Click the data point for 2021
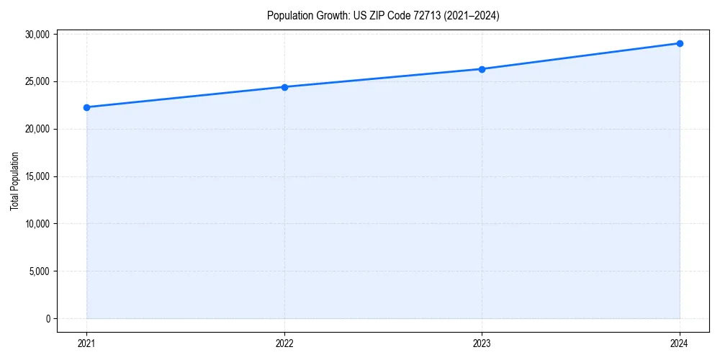(x=86, y=107)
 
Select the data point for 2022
(x=284, y=87)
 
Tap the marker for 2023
(x=482, y=69)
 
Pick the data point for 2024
(x=680, y=43)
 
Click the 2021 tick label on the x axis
(x=86, y=343)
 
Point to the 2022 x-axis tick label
(x=284, y=343)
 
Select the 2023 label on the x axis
(x=482, y=343)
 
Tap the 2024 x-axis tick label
(x=680, y=343)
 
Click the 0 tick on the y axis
(x=47, y=319)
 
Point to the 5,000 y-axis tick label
(x=38, y=271)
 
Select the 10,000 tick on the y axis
(x=36, y=224)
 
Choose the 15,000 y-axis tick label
(x=36, y=176)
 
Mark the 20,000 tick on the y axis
(x=36, y=129)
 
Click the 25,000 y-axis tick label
(x=36, y=81)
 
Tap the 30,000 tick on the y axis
(x=36, y=35)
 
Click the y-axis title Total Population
(x=14, y=181)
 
